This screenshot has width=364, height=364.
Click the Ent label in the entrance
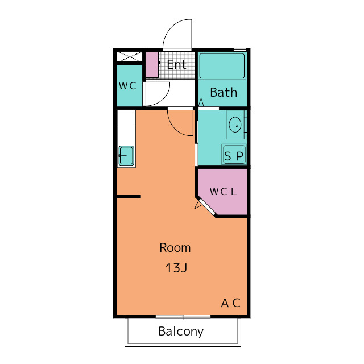tap(177, 64)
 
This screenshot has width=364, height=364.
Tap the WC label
tap(127, 86)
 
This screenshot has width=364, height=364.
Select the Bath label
tap(224, 92)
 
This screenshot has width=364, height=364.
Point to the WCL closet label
tap(223, 192)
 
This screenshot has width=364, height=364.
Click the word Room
tap(175, 248)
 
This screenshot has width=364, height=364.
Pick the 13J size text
tap(176, 268)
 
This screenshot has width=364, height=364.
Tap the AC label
tap(230, 303)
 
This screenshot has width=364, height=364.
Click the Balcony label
tap(181, 332)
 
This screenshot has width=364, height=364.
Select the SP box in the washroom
tap(234, 154)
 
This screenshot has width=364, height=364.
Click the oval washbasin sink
tap(235, 125)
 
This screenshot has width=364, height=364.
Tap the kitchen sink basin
tap(126, 155)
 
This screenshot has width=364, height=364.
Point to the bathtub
tap(222, 66)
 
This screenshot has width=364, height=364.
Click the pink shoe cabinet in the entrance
tap(152, 65)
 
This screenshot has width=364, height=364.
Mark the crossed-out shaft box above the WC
tap(129, 56)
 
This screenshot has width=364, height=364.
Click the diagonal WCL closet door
tap(207, 207)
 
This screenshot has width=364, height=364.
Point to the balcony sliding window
tap(183, 316)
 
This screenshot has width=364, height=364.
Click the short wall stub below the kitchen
tap(129, 196)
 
